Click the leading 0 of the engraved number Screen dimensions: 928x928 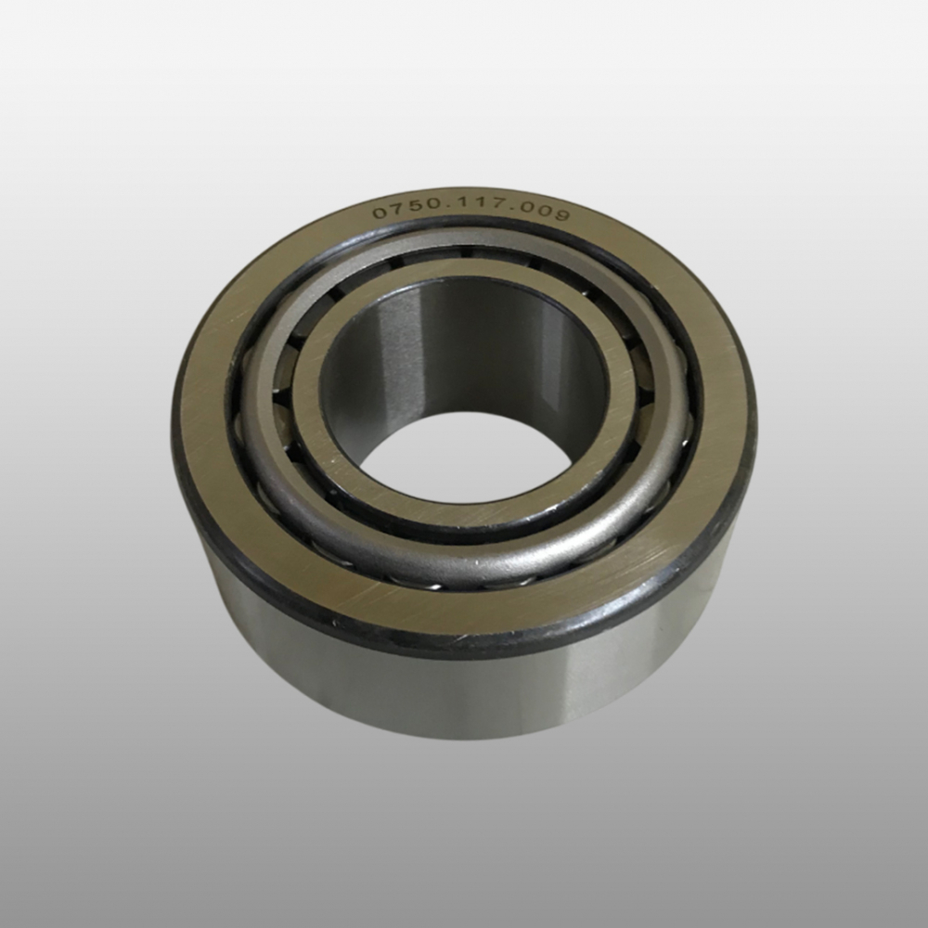[380, 213]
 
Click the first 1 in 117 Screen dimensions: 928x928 [456, 207]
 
